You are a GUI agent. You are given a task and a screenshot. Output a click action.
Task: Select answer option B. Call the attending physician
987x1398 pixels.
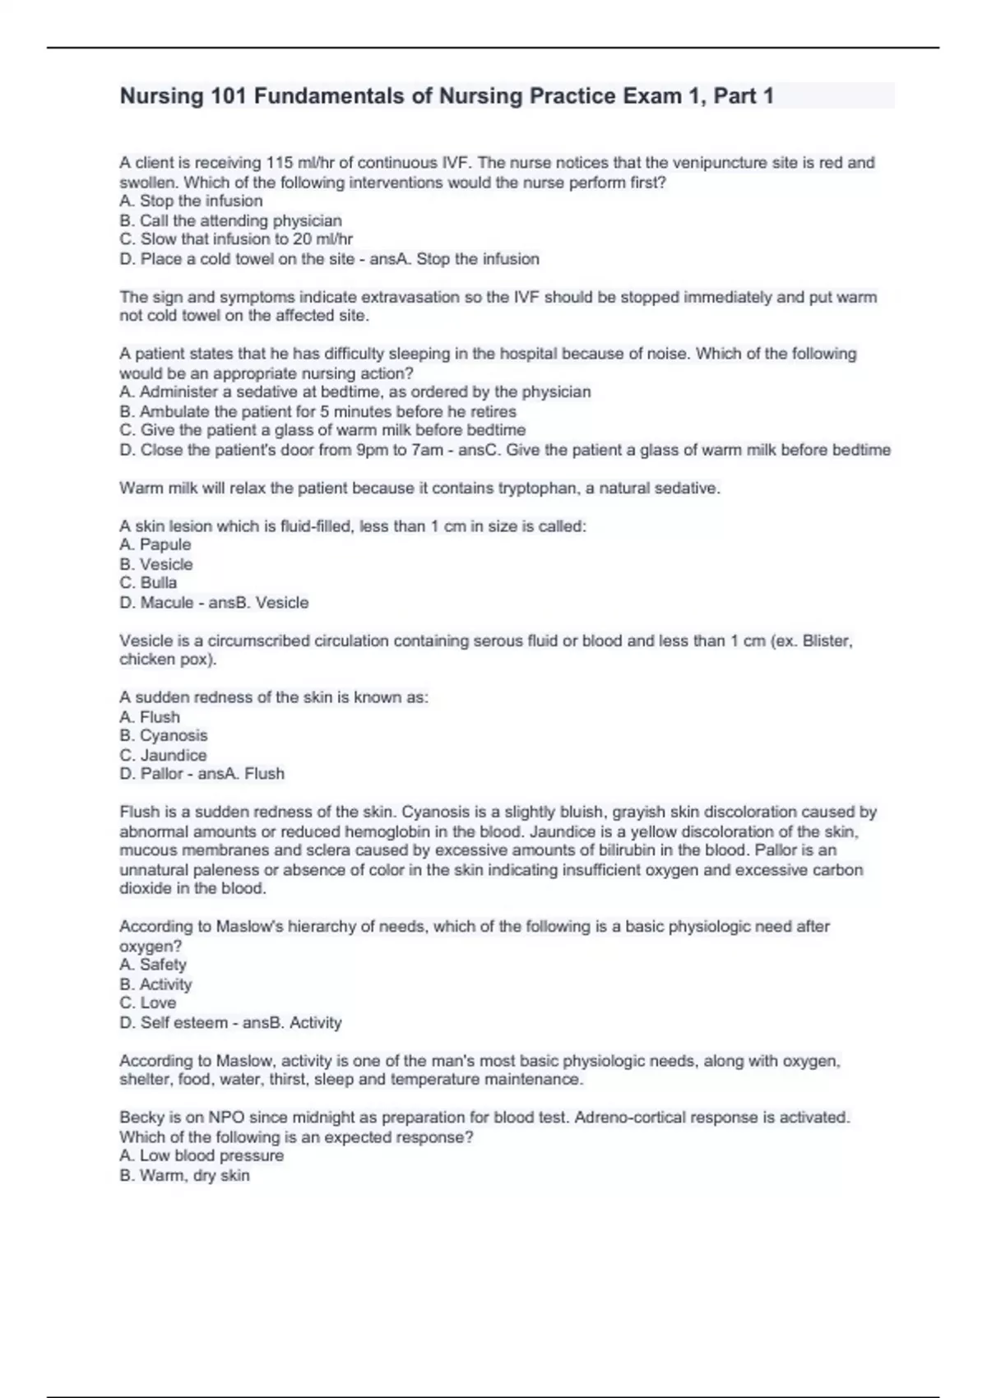pos(230,220)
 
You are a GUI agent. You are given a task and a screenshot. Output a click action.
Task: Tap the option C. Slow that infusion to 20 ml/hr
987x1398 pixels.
pos(236,239)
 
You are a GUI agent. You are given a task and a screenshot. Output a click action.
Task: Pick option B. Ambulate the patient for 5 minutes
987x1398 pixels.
pos(317,411)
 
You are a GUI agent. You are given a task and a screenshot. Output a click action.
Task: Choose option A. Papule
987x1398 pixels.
pos(155,544)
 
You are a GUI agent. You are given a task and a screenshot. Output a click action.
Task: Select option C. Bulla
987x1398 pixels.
pos(148,582)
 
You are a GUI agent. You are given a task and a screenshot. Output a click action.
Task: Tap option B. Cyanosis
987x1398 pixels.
pos(164,735)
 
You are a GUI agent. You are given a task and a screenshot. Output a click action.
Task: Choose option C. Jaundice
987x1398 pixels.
pos(163,755)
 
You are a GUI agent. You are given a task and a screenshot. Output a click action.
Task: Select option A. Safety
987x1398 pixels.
pos(153,964)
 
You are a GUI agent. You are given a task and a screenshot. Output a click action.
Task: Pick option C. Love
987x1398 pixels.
pos(148,1002)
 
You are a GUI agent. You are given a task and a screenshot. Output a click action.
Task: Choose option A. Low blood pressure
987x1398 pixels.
pos(202,1155)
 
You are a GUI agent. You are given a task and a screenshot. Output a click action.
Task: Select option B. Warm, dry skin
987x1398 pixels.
pos(184,1175)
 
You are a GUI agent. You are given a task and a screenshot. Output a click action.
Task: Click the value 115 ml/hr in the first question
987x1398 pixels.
pos(295,163)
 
